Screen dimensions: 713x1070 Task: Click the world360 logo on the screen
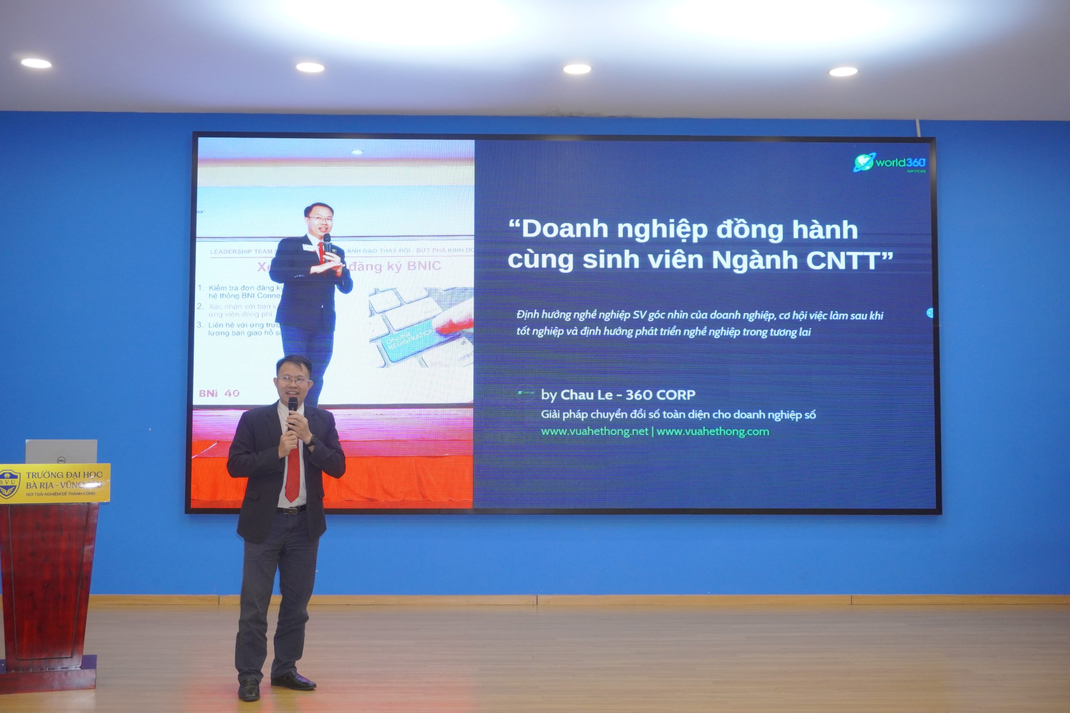pos(889,163)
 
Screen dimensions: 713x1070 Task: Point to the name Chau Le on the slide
pos(586,395)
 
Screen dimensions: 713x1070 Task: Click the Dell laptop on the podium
pos(61,451)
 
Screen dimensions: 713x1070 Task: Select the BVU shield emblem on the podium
pos(9,483)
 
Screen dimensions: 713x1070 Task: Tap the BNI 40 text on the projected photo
pos(219,393)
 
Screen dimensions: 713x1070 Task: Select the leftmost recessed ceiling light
pos(36,63)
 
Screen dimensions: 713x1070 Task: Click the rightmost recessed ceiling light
pos(843,71)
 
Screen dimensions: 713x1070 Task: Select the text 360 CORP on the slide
pos(660,395)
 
